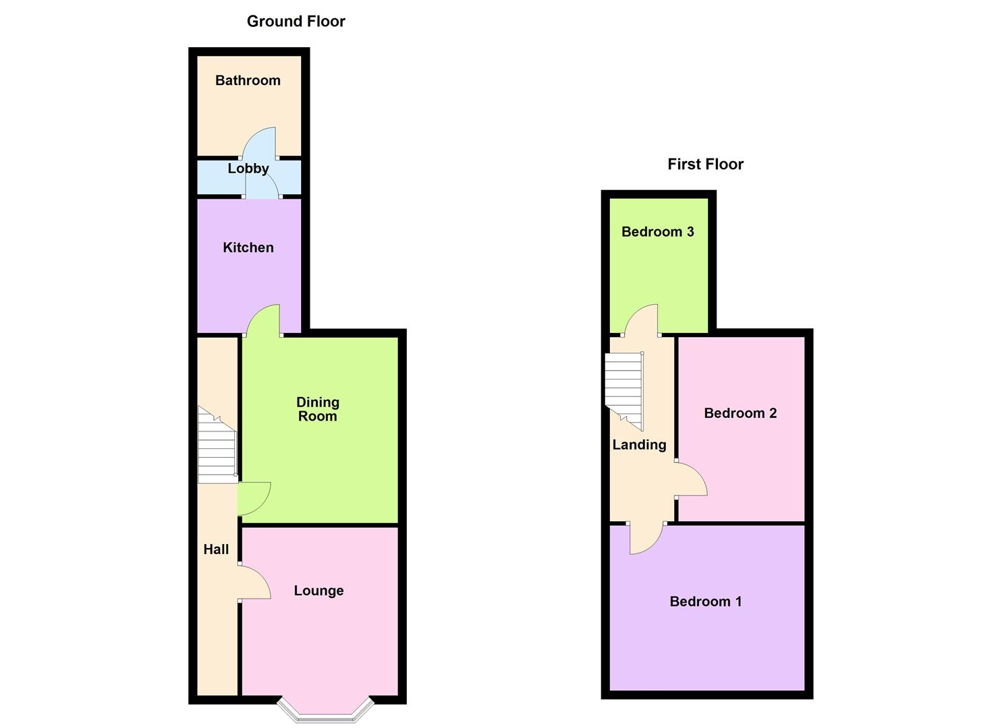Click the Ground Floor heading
click(296, 21)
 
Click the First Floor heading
click(705, 164)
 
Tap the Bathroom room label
click(248, 80)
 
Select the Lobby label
click(248, 169)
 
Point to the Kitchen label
click(248, 247)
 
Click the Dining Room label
click(317, 409)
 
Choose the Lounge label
click(318, 590)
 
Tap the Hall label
click(216, 549)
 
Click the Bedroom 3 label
click(657, 232)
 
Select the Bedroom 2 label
click(740, 413)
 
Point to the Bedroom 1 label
click(705, 601)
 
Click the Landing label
click(639, 445)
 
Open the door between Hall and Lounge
click(254, 583)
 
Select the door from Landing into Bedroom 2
click(690, 480)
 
